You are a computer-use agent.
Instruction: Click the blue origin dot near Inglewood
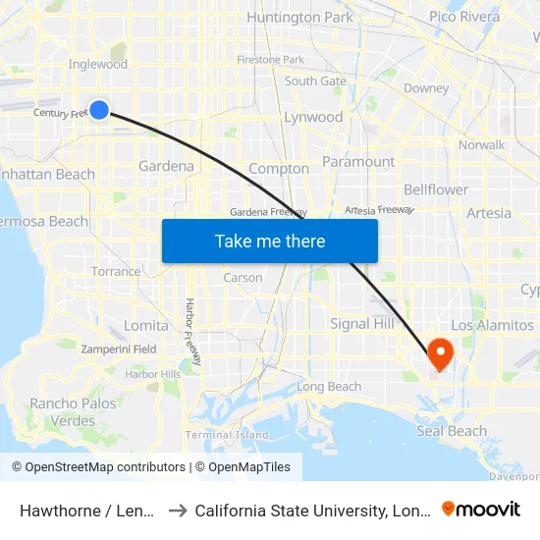(99, 110)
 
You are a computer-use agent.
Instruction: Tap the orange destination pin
(440, 352)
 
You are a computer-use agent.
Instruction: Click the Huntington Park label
(299, 17)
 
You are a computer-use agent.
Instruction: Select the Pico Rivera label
(464, 17)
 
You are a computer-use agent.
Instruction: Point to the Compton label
(279, 169)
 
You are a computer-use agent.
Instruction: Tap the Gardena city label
(167, 166)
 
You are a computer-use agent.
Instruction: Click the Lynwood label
(313, 117)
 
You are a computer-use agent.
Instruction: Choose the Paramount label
(358, 161)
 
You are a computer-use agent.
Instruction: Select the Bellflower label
(436, 189)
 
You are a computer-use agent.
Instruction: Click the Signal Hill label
(363, 324)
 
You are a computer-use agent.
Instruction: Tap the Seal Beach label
(452, 431)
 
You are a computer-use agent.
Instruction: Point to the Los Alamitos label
(492, 325)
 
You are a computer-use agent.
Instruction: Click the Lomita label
(146, 325)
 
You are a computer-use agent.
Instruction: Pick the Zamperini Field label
(119, 349)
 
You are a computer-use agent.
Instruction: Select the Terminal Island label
(227, 435)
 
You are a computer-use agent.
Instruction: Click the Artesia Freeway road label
(379, 210)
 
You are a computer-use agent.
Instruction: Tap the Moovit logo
(481, 510)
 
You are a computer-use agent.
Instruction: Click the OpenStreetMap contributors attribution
(98, 467)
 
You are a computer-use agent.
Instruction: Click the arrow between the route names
(178, 511)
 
